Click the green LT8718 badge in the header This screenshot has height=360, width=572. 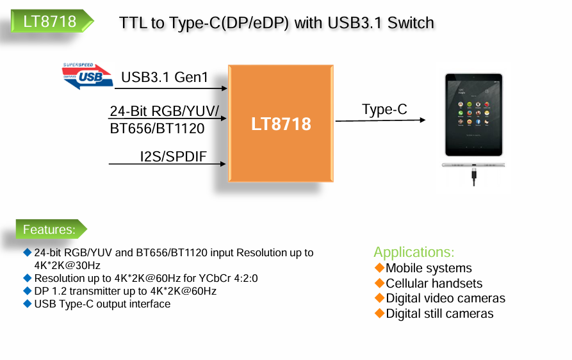point(50,22)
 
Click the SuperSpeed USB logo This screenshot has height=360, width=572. point(87,76)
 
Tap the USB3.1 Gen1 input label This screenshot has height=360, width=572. point(165,78)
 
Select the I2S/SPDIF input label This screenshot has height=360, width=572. point(173,156)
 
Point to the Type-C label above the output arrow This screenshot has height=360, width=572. point(384,110)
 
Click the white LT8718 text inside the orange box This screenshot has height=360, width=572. point(281,124)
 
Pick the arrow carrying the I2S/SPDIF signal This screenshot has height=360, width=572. point(168,165)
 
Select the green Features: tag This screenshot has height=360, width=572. point(49,229)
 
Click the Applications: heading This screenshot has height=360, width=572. point(414,252)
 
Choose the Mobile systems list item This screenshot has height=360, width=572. point(429,268)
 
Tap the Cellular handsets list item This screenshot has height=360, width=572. point(434,283)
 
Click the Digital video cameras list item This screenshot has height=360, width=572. point(445,299)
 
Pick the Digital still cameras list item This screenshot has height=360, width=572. point(439,314)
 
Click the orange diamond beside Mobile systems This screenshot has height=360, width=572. point(379,267)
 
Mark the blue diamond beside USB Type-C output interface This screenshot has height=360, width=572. point(27,304)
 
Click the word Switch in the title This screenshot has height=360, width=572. point(410,23)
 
